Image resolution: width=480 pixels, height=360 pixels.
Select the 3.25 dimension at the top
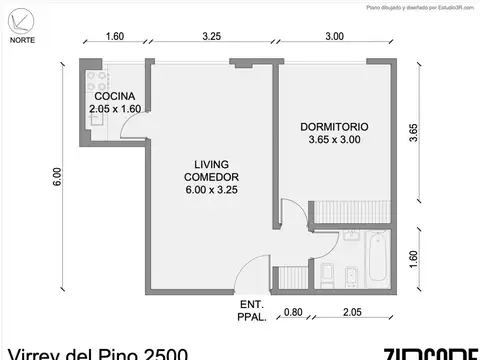pos(211,36)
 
